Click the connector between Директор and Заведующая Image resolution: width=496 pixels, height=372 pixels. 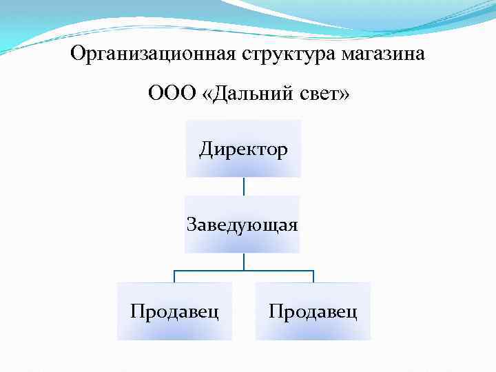click(x=243, y=186)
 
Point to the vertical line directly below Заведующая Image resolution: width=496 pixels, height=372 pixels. click(x=243, y=261)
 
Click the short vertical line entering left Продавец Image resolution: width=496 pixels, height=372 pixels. click(x=174, y=276)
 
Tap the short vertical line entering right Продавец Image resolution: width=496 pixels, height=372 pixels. click(x=313, y=276)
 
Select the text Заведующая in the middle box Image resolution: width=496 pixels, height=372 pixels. click(x=242, y=225)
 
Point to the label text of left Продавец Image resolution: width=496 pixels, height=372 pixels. click(x=175, y=311)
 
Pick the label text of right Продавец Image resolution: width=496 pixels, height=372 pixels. click(x=313, y=311)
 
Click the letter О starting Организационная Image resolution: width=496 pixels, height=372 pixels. click(x=78, y=53)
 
